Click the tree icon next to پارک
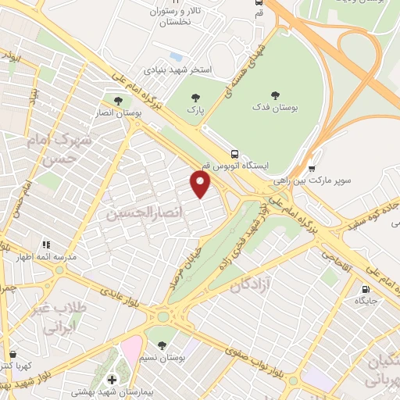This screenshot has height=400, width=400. [x=195, y=98]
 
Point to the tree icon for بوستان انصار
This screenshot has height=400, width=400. [x=118, y=101]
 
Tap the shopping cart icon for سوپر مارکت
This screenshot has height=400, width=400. [x=312, y=166]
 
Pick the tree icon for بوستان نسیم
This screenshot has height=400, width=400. [x=161, y=345]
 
